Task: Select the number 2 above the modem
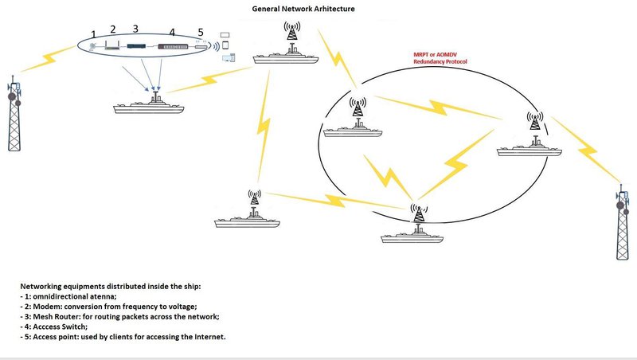(113, 29)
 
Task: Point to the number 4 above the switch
(171, 33)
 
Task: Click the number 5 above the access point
(201, 33)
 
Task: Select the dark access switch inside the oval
(174, 48)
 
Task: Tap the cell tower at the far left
(14, 115)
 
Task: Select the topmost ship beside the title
(287, 57)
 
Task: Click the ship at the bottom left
(251, 221)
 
